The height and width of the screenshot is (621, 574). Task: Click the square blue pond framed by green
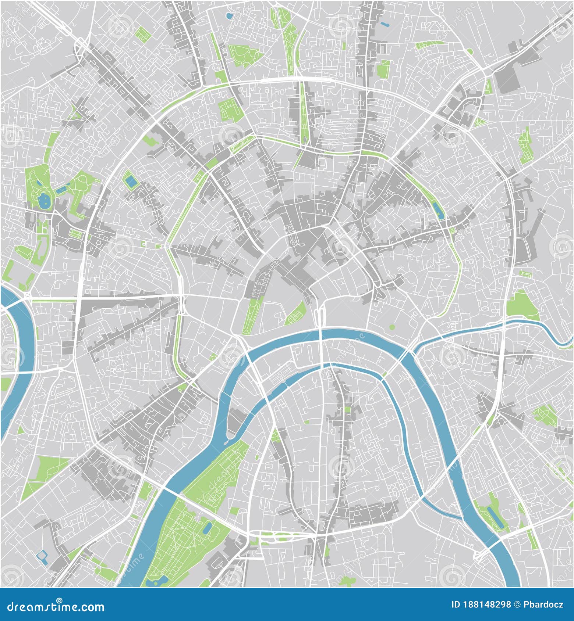coord(130,181)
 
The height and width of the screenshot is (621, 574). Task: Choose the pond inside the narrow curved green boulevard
coord(438,211)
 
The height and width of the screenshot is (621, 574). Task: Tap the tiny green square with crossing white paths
coord(75,234)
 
